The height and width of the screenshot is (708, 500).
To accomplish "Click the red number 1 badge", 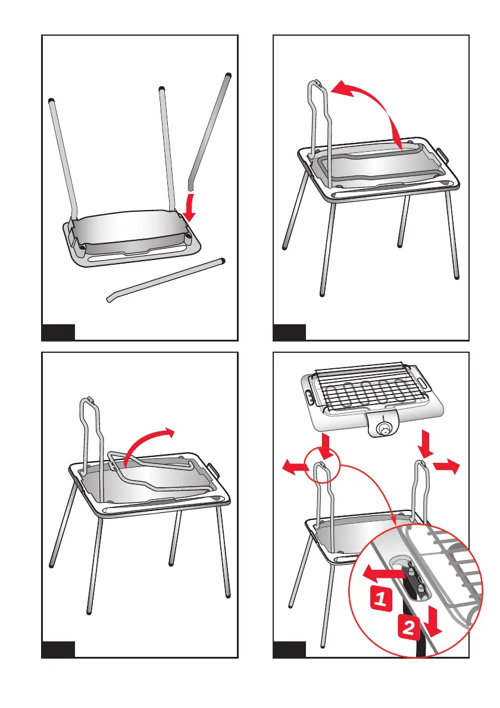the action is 381,599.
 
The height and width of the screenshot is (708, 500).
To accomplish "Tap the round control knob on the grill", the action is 385,429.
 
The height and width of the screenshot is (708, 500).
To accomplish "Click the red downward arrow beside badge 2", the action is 434,622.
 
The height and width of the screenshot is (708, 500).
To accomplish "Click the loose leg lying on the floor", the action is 165,280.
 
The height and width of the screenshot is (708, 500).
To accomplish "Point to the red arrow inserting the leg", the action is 190,208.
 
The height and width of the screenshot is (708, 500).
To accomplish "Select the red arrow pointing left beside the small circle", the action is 295,466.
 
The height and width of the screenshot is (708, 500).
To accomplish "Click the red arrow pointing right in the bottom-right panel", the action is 446,465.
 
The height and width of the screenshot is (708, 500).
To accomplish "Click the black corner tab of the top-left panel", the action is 58,332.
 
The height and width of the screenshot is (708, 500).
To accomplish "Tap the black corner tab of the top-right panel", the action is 289,332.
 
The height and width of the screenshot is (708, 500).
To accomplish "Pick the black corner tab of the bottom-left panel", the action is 58,649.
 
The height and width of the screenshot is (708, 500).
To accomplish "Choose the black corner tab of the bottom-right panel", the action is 289,649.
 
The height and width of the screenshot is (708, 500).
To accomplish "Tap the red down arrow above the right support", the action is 424,444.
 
